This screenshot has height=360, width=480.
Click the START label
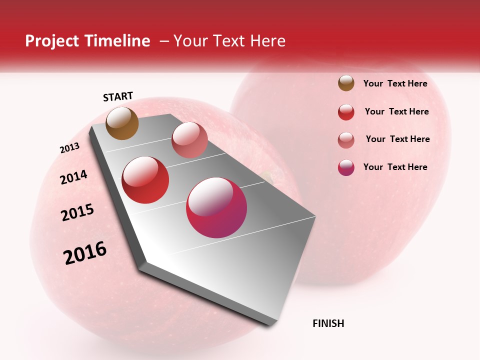coord(118,96)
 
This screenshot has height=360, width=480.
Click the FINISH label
coord(328,323)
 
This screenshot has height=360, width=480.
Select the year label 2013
coord(69,148)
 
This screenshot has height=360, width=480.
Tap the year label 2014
coord(73,177)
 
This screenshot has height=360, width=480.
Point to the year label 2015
coord(77,212)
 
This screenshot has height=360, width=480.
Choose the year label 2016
coord(85,253)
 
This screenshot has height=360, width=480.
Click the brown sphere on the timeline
coord(122,123)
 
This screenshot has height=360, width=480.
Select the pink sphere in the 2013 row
coord(189,140)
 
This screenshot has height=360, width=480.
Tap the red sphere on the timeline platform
coord(145,180)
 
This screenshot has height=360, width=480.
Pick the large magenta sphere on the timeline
coord(216,207)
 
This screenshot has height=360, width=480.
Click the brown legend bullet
coord(346,83)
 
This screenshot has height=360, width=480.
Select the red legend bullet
coord(346,112)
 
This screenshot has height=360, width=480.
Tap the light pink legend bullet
coord(346,140)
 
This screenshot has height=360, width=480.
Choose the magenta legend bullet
coord(346,167)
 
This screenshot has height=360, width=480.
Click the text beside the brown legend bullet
coord(395,84)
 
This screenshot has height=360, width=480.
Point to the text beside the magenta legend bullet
coord(395,167)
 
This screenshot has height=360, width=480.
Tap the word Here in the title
coord(267,41)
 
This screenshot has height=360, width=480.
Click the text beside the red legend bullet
coord(396,111)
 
